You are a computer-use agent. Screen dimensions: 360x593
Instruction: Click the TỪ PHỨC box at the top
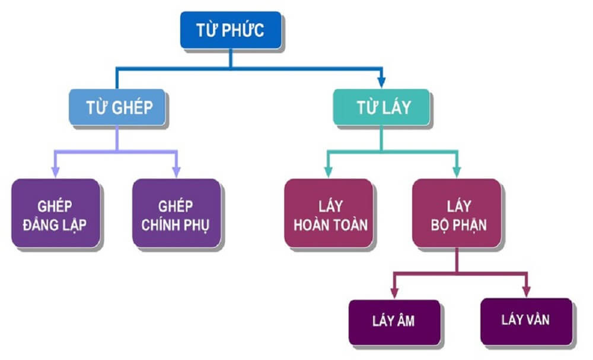(231, 31)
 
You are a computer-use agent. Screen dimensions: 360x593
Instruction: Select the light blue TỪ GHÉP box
(117, 107)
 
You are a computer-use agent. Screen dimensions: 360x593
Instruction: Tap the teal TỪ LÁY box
(381, 107)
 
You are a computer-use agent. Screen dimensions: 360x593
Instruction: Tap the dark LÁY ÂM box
(394, 321)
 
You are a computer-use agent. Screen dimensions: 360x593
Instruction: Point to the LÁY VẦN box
(525, 321)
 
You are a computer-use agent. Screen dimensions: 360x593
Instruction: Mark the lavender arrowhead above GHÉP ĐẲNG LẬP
(55, 172)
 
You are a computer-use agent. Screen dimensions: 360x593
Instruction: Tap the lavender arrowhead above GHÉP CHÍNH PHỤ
(176, 172)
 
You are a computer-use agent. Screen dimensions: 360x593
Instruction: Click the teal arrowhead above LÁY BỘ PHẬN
(457, 172)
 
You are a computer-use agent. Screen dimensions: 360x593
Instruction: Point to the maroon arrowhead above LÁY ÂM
(394, 292)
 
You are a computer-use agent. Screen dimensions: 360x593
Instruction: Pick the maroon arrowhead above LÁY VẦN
(525, 292)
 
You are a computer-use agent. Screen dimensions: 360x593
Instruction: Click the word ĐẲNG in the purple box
(41, 225)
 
